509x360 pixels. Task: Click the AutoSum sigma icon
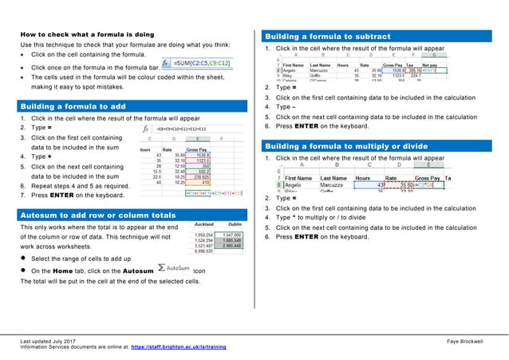click(162, 270)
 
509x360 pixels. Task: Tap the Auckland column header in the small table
click(206, 225)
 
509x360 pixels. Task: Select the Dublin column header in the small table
click(235, 225)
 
